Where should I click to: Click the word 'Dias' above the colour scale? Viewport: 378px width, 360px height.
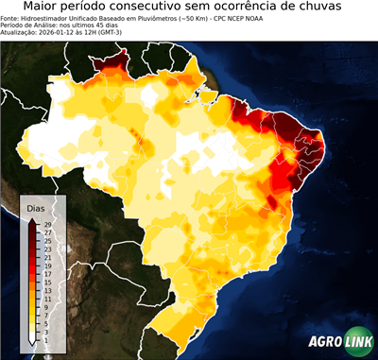coord(36,207)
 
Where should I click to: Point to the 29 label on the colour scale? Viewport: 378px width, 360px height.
coord(47,224)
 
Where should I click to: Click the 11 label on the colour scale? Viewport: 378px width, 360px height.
coord(47,293)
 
